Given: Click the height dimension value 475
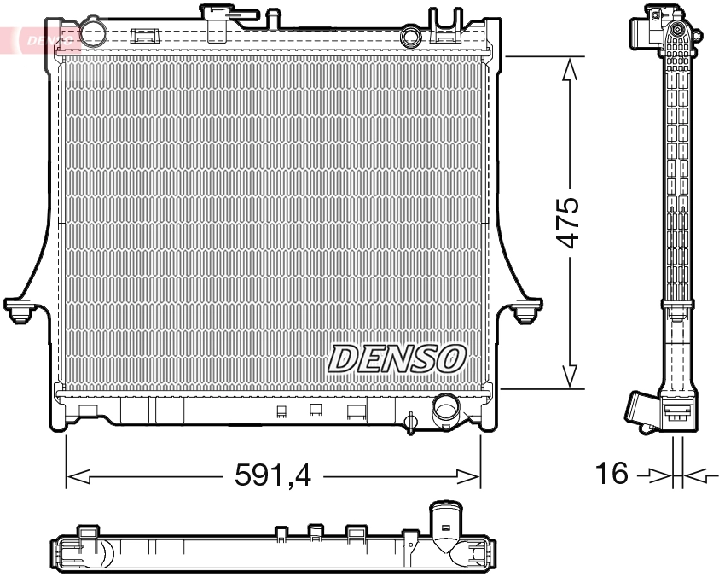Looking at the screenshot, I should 569,223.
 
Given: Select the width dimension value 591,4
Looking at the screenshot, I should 273,475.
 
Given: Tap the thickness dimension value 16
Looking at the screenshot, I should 612,473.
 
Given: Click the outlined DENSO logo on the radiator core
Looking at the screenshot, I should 397,358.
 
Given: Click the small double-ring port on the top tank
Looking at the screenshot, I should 411,37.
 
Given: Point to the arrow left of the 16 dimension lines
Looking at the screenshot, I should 658,474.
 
